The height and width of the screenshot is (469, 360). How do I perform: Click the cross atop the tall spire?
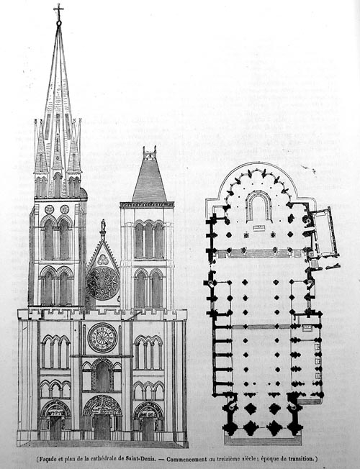[58, 12]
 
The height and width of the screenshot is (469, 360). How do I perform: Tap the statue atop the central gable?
[103, 225]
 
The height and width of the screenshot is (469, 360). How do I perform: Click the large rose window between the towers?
[104, 283]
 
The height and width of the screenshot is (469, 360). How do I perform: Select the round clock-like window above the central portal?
[102, 337]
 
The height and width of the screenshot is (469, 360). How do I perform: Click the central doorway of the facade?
[102, 427]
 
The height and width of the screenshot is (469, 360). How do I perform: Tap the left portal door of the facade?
[55, 428]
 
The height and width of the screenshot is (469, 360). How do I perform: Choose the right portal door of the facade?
[148, 429]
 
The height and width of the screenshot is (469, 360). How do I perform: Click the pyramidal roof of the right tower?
[150, 178]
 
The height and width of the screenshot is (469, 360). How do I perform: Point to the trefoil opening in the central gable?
[103, 260]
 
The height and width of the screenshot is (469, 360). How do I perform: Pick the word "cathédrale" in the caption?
[104, 458]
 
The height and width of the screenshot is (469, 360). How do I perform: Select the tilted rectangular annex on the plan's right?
[324, 233]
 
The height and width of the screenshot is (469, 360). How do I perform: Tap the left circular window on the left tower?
[49, 209]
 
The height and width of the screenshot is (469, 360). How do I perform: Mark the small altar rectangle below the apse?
[258, 228]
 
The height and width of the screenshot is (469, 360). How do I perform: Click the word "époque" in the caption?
[270, 458]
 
